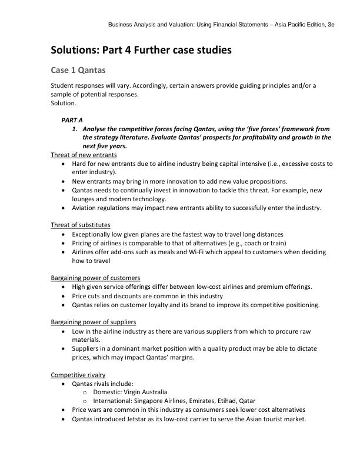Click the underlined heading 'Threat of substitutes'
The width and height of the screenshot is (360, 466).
pos(80,225)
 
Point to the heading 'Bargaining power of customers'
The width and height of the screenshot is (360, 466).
pos(95,278)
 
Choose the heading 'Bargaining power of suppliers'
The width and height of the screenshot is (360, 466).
pos(94,322)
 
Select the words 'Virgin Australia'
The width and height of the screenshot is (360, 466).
pos(146,392)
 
